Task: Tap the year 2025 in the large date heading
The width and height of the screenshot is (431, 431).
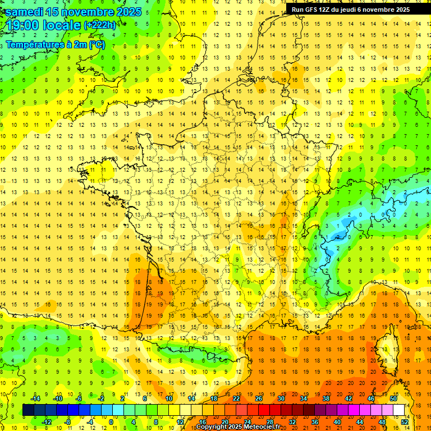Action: (125, 12)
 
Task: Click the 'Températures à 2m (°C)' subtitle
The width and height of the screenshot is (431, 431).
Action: (55, 44)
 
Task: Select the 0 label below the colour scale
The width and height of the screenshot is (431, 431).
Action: (111, 422)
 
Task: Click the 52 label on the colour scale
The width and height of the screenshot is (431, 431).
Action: (404, 422)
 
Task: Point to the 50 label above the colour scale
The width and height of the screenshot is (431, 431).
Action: (393, 398)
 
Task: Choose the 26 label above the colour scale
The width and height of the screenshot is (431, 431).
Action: (259, 398)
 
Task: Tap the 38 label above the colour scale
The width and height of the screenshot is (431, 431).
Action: (326, 398)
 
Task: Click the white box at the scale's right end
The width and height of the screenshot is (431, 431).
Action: (399, 410)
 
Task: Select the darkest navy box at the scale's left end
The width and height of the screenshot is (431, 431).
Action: (28, 410)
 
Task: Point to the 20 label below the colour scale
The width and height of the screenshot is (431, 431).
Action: (224, 422)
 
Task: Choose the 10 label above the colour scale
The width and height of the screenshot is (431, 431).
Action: (168, 398)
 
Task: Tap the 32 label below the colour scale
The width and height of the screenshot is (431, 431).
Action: (292, 422)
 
